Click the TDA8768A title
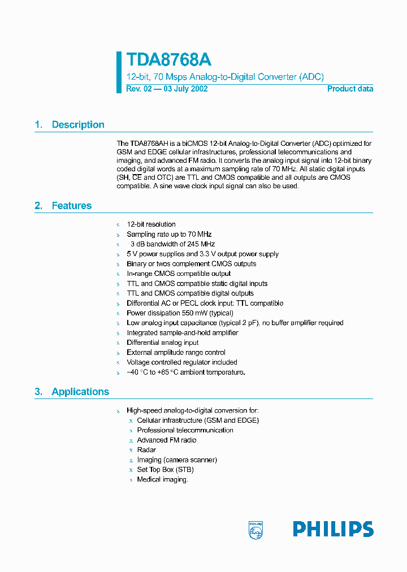click(x=168, y=60)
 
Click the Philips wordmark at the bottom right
click(x=333, y=529)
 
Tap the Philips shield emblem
click(x=256, y=530)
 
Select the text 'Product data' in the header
click(x=350, y=89)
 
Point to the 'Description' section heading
click(x=78, y=125)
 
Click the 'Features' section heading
click(x=71, y=206)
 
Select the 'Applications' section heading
click(x=80, y=392)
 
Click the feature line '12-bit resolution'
click(x=151, y=224)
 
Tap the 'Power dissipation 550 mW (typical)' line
click(x=180, y=313)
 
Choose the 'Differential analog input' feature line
click(x=163, y=343)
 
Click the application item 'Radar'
click(x=146, y=450)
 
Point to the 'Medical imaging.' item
click(x=162, y=479)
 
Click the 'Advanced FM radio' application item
click(x=167, y=440)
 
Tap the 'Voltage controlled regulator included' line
click(x=181, y=362)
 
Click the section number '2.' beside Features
click(x=38, y=206)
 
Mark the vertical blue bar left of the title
click(x=119, y=72)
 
